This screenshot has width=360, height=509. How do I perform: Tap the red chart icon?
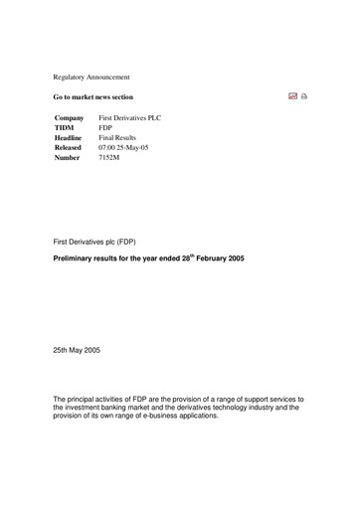[292, 97]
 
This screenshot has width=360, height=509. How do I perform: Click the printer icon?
[304, 97]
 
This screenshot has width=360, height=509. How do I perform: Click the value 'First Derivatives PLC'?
[130, 118]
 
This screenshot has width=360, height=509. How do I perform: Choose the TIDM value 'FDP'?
[105, 128]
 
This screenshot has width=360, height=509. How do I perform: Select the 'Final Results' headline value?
[118, 138]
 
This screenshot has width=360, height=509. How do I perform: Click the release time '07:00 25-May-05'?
[124, 148]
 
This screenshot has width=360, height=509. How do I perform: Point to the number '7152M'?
[108, 158]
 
